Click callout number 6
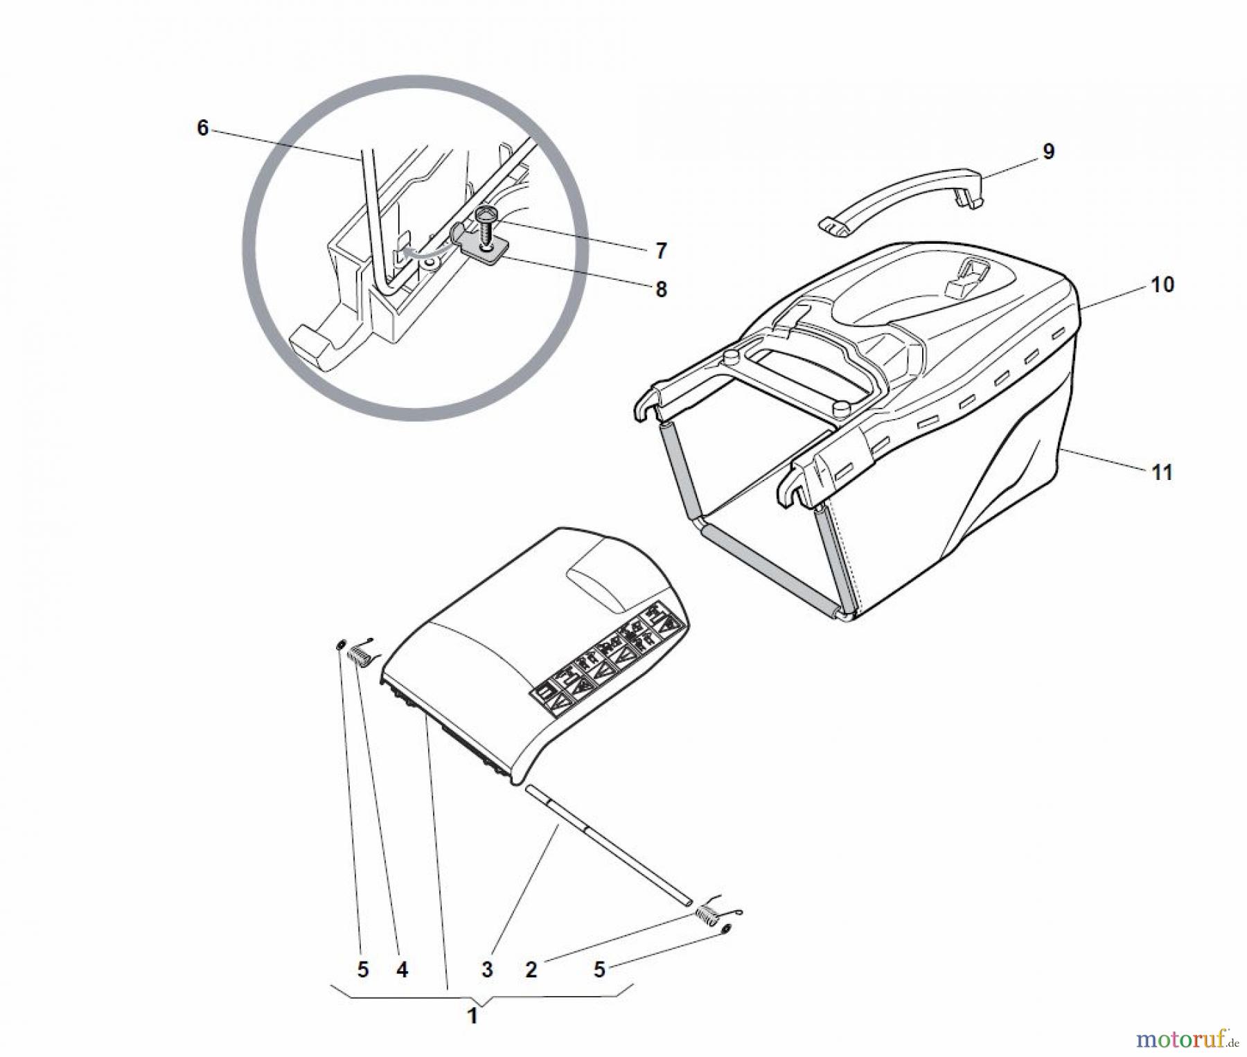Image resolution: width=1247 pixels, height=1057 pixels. [202, 128]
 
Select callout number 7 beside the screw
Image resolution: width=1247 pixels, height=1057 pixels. [661, 251]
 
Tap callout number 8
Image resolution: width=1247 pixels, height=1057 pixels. [661, 290]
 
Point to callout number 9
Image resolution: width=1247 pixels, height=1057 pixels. [1048, 151]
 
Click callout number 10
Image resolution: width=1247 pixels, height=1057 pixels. [1162, 285]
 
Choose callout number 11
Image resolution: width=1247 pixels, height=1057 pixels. [1162, 472]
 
